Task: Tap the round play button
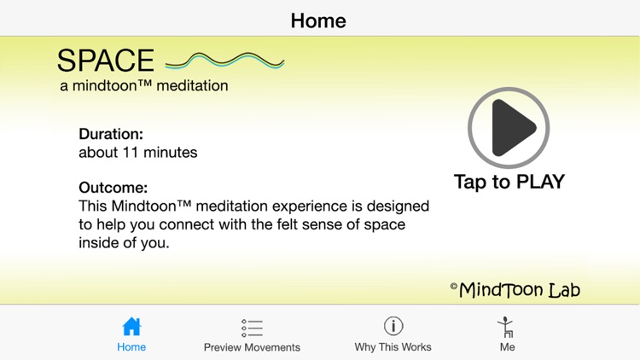coord(509,128)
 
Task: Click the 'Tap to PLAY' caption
coord(509,182)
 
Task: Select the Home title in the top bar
coord(318,20)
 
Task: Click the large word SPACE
coord(106,61)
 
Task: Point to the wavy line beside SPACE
coord(224,61)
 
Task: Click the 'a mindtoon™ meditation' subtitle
coord(143,85)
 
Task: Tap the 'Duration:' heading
coord(111,134)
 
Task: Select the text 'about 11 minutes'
coord(137,153)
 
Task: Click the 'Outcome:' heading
coord(113,188)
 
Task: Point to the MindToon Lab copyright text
coord(515,290)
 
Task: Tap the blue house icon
coord(131,327)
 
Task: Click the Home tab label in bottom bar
coord(131,347)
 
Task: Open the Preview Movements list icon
coord(252,328)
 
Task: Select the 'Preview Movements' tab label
coord(252,347)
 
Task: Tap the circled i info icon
coord(393,326)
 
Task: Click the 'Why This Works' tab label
coord(393,347)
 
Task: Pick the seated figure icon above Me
coord(507,327)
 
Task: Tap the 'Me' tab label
coord(507,347)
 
